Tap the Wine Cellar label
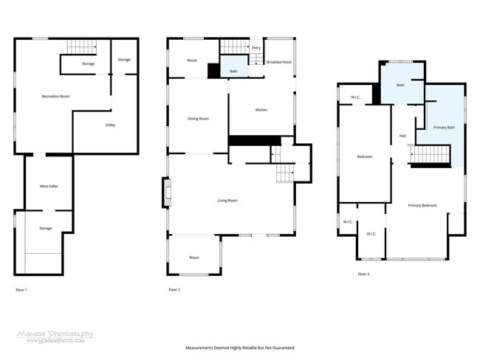pyautogui.click(x=49, y=186)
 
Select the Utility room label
pyautogui.click(x=109, y=125)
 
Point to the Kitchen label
pyautogui.click(x=261, y=110)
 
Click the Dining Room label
pyautogui.click(x=198, y=119)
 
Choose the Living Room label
pyautogui.click(x=227, y=200)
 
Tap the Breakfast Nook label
pyautogui.click(x=278, y=62)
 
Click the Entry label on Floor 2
pyautogui.click(x=256, y=48)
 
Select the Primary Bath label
pyautogui.click(x=444, y=127)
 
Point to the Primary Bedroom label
pyautogui.click(x=422, y=205)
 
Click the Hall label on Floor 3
pyautogui.click(x=402, y=136)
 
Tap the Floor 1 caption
pyautogui.click(x=21, y=289)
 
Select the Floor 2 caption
pyautogui.click(x=174, y=289)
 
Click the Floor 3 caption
pyautogui.click(x=363, y=274)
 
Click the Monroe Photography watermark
pyautogui.click(x=55, y=336)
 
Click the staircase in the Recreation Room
pyautogui.click(x=82, y=47)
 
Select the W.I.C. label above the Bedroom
pyautogui.click(x=355, y=97)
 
